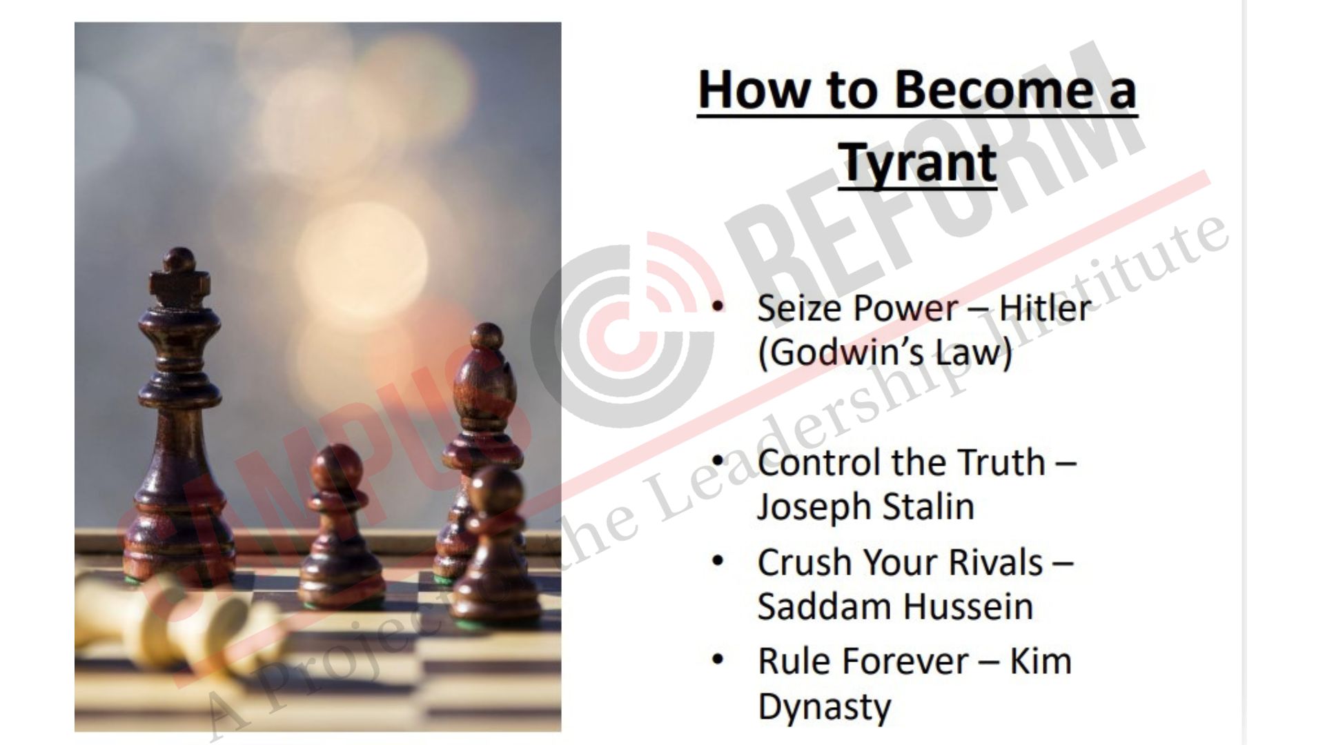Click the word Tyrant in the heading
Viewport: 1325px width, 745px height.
click(918, 163)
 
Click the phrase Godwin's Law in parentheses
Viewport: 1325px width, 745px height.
click(885, 353)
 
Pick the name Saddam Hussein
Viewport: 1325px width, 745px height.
click(896, 608)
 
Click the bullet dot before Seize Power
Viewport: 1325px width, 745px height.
click(719, 308)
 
